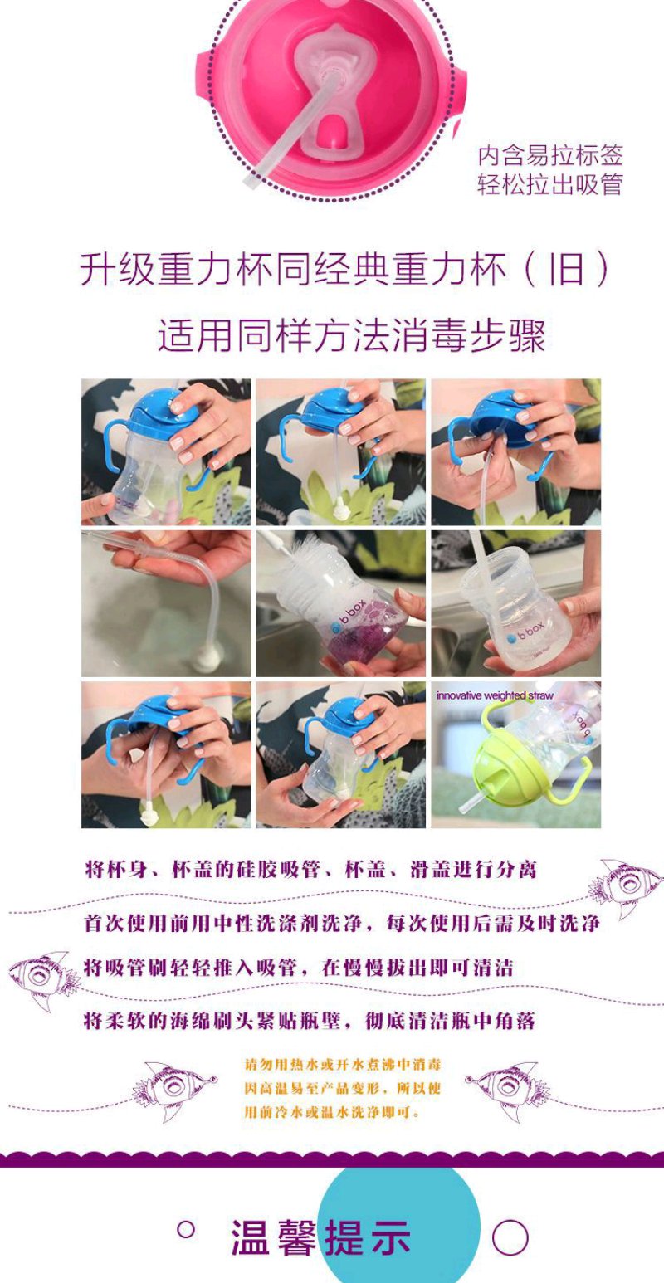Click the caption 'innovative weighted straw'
coord(495,695)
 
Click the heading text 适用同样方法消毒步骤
coord(351,335)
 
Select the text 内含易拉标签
coord(550,155)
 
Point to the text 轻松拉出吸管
coord(550,184)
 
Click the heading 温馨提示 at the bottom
coord(321,1237)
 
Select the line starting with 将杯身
coord(310,870)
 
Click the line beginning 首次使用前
coord(341,923)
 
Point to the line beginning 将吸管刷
coord(299,968)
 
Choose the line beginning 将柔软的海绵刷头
coord(310,1020)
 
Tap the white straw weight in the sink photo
coord(206,660)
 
